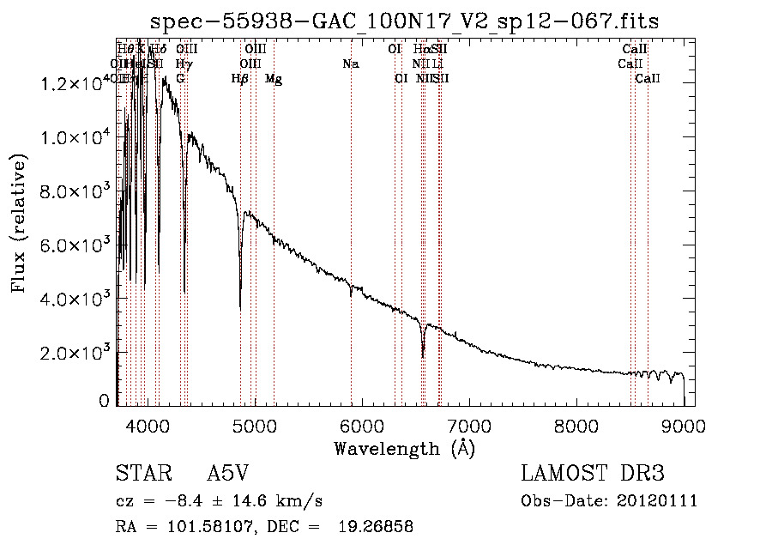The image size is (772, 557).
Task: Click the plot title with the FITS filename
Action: point(404,21)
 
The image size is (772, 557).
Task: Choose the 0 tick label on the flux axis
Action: point(104,401)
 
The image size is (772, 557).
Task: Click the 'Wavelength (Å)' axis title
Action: point(404,448)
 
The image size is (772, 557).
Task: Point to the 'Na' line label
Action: point(350,64)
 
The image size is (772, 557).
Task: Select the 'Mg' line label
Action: point(274,79)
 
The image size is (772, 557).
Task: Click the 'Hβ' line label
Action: point(240,79)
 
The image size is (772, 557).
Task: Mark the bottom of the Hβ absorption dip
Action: point(240,308)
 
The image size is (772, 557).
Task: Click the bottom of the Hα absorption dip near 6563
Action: point(423,356)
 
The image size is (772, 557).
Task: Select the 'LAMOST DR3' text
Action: point(593,475)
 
